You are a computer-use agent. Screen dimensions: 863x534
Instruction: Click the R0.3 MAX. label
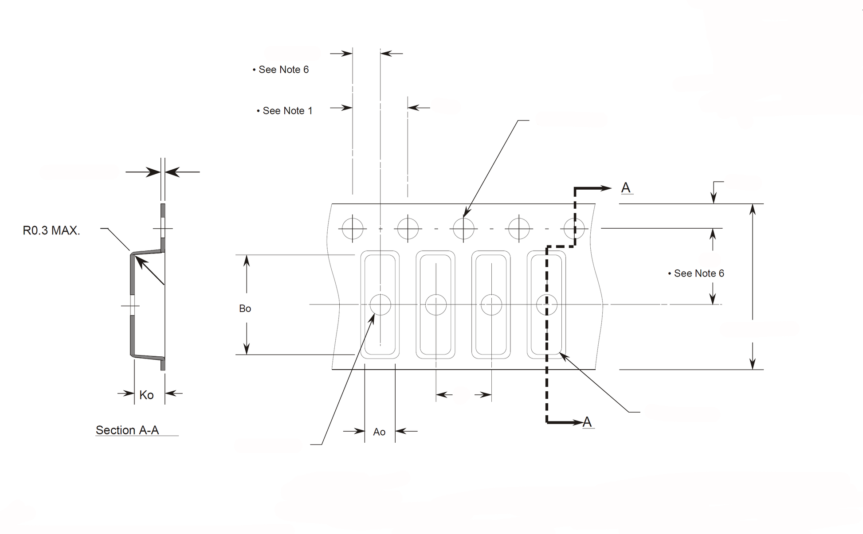point(51,230)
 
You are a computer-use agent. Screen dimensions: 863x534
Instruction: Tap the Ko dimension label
point(146,395)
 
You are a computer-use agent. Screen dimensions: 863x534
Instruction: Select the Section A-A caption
point(127,430)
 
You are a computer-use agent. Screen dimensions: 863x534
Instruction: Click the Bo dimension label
point(245,308)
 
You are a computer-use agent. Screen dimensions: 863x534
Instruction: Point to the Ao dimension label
point(379,432)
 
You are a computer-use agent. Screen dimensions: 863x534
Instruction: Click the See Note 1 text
point(285,111)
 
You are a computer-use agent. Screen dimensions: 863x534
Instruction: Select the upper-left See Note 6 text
point(281,70)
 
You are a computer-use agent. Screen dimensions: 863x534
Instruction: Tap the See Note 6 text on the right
point(696,273)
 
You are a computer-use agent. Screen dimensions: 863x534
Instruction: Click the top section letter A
point(626,187)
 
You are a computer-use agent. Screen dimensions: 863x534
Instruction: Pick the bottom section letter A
point(587,422)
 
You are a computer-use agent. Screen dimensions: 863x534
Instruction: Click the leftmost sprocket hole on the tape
point(353,229)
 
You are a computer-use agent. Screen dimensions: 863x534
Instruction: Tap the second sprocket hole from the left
point(408,229)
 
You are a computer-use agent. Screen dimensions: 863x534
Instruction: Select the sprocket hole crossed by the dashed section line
point(575,229)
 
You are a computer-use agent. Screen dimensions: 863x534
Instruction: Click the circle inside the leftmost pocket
point(380,304)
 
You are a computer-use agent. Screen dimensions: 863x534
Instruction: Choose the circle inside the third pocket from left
point(491,304)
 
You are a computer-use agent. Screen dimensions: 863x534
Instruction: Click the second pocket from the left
point(435,304)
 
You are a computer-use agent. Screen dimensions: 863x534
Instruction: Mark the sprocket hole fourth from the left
point(519,229)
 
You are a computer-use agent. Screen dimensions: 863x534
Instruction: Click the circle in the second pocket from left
point(435,304)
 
